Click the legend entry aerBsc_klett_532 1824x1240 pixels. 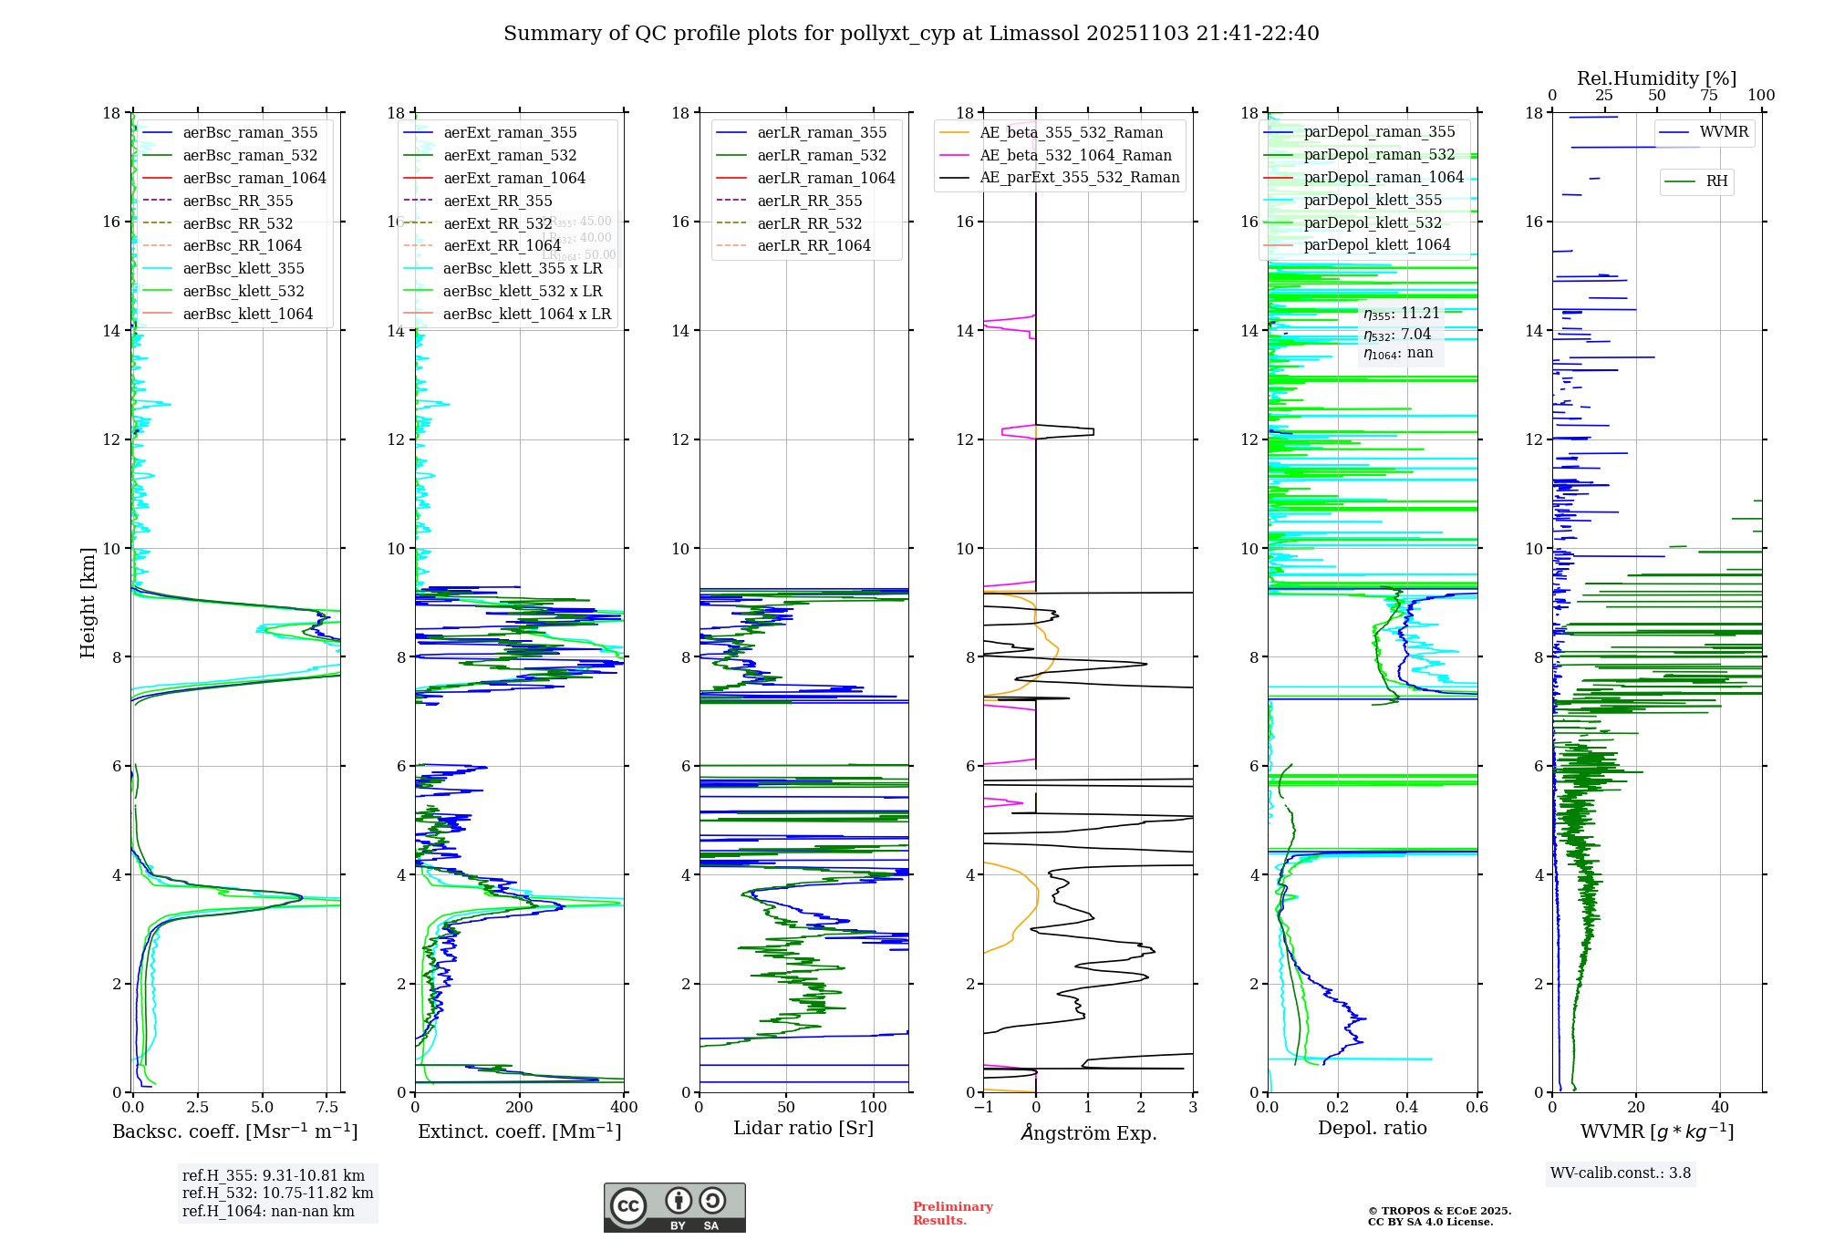[x=243, y=292]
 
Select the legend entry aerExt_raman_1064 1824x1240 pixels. [x=514, y=179]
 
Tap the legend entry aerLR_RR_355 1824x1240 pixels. [x=809, y=201]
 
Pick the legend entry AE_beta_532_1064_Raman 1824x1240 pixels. [x=1075, y=156]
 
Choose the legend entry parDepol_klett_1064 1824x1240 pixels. [x=1376, y=245]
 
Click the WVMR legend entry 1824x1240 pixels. [x=1723, y=132]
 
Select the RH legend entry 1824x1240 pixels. [x=1715, y=181]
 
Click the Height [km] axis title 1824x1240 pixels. [x=88, y=603]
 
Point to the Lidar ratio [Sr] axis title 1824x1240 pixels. [x=803, y=1129]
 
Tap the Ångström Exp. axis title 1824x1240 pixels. [x=1088, y=1133]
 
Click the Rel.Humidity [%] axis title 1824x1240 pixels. [x=1656, y=78]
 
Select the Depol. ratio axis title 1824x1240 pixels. [x=1372, y=1129]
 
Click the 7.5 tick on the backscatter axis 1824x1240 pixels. [x=327, y=1108]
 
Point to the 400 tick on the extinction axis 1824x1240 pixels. [x=624, y=1108]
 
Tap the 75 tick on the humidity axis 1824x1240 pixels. [x=1709, y=96]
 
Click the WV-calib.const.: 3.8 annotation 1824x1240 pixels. [x=1621, y=1173]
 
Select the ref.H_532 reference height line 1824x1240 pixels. [x=277, y=1193]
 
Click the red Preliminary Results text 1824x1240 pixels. [x=952, y=1214]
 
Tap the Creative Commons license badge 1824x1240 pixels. [x=674, y=1208]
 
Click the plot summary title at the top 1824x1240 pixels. [x=911, y=34]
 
